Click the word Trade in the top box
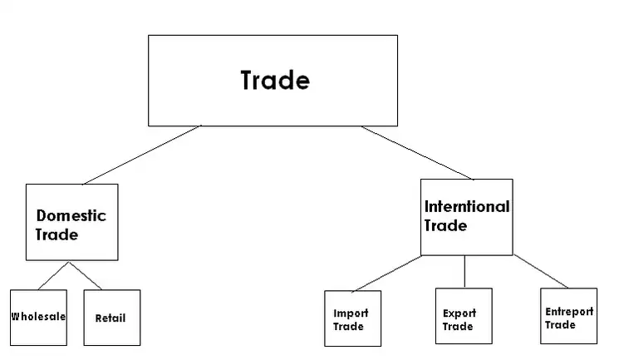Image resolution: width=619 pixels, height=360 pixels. [274, 81]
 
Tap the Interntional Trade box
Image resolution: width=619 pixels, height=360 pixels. [466, 216]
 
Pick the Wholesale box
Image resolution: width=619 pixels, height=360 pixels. [38, 317]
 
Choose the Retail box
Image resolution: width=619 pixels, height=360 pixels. [111, 317]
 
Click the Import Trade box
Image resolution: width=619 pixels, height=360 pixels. [352, 318]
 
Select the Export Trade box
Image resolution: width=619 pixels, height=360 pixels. [463, 318]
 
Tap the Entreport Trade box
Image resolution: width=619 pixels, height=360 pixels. [568, 316]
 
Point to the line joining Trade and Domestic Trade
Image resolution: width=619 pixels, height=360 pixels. [141, 155]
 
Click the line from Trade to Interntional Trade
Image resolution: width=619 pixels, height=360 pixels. [418, 152]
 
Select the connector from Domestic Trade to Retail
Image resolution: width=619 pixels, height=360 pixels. [86, 275]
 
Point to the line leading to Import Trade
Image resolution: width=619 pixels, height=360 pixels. [386, 274]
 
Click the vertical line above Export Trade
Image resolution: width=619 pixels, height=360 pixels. [464, 271]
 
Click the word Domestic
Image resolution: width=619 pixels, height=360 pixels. [71, 216]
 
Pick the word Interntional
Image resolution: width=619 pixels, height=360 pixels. [467, 206]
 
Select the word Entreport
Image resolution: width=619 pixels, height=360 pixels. [569, 312]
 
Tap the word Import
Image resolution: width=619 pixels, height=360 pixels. [351, 313]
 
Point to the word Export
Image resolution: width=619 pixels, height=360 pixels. [459, 313]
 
